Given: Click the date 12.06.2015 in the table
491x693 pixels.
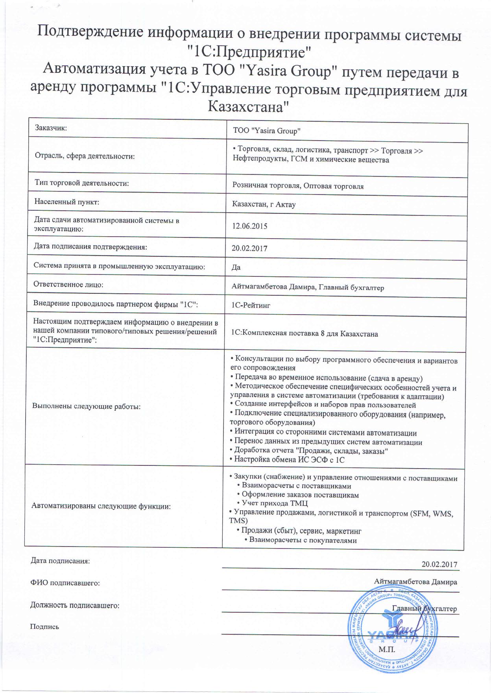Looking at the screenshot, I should (250, 226).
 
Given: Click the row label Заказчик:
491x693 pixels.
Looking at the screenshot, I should (51, 128).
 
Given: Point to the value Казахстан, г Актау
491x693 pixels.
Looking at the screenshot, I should (264, 205).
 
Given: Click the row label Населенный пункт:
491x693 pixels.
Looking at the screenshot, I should (67, 202).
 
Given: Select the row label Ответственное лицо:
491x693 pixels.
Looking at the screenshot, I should (68, 284).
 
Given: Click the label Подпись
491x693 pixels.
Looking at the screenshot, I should (45, 626).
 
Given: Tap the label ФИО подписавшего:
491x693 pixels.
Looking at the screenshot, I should (65, 583).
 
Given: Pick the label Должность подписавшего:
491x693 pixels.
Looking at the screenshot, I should (75, 605).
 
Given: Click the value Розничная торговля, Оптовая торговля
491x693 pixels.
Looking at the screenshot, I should (298, 186).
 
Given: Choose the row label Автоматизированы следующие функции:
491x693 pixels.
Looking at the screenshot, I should (101, 506).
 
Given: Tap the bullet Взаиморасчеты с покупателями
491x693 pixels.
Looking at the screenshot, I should (303, 540).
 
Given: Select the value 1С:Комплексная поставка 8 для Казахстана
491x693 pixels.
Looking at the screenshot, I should (305, 334).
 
